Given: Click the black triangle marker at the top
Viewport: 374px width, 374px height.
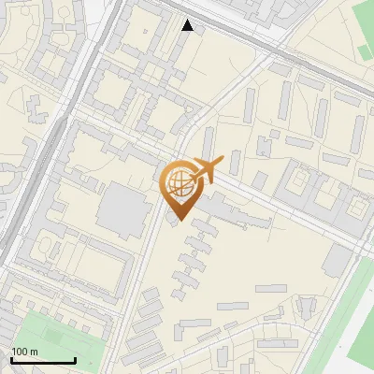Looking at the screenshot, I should pos(188,25).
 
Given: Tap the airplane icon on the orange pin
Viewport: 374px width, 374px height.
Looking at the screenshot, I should pos(206,171).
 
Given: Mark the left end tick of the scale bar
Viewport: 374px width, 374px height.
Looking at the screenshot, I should pos(11,359).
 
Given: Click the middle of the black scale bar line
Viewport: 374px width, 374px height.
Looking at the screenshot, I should pos(43,361).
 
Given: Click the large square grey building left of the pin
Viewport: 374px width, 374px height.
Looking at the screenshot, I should pos(122,209).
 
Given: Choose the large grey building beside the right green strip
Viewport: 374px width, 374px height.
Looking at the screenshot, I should pos(338,261).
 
